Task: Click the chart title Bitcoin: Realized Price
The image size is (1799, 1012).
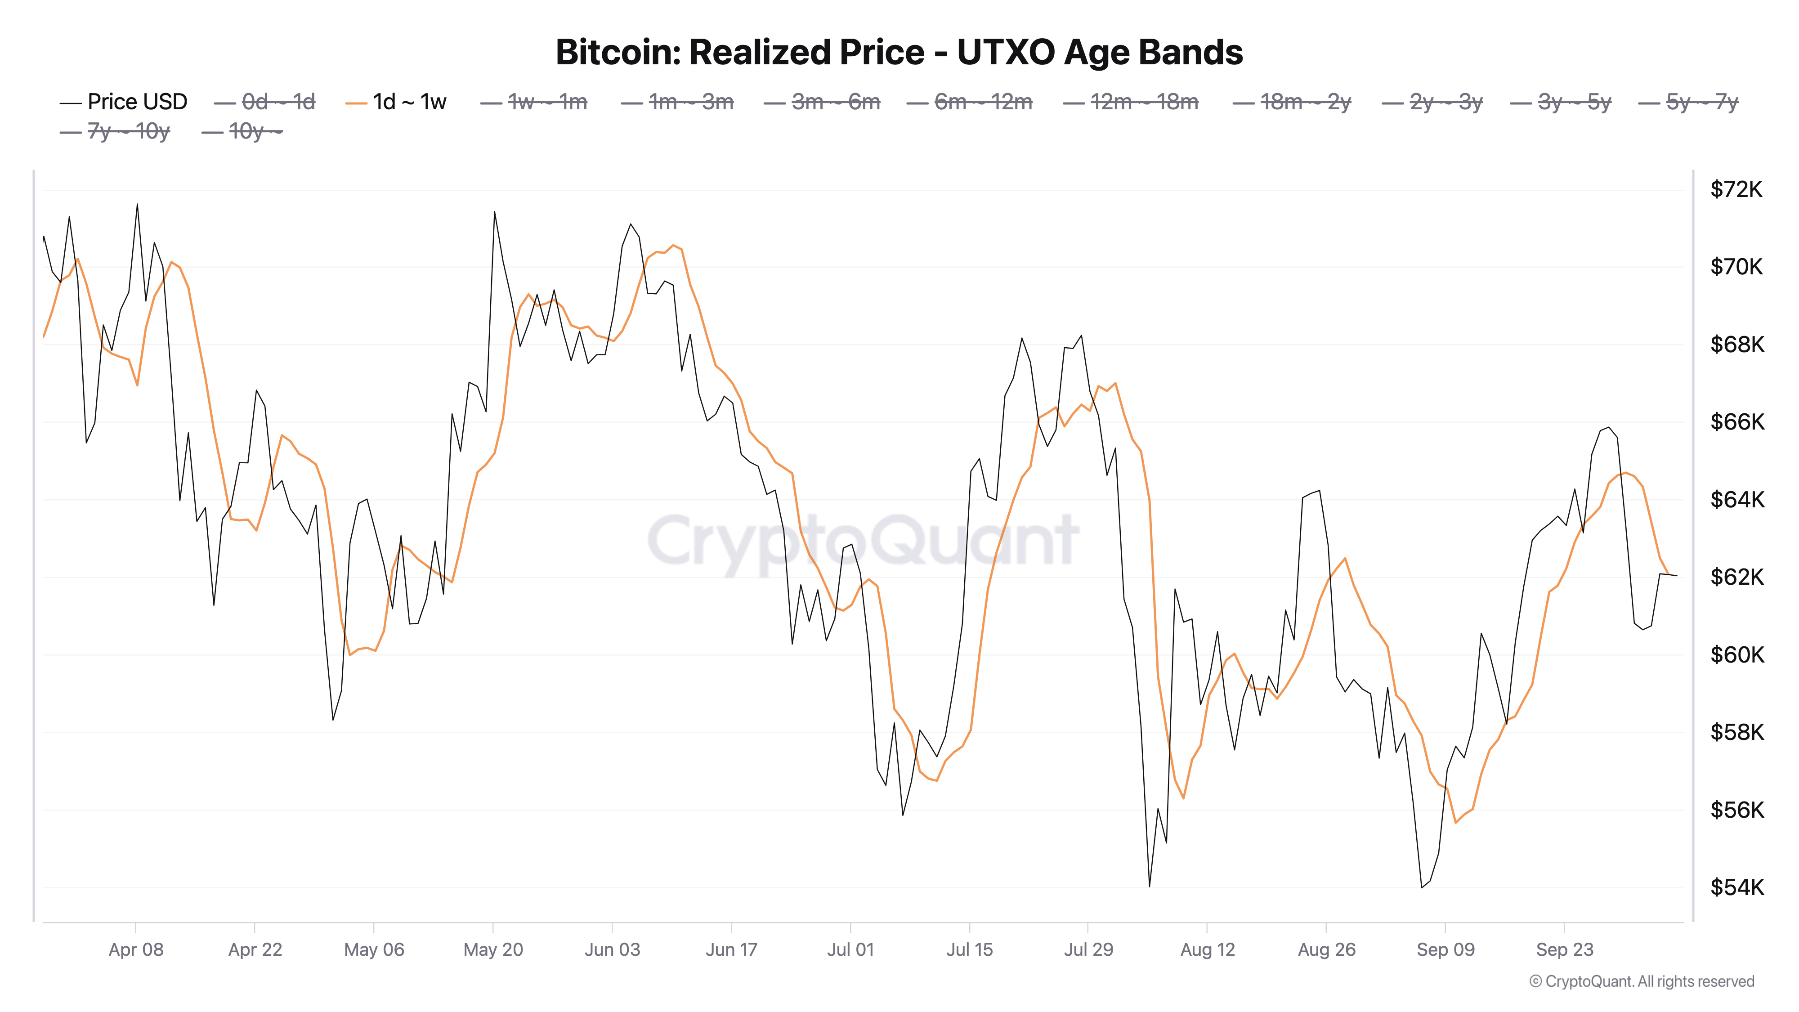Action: click(899, 52)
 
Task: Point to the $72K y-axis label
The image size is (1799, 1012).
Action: click(1736, 189)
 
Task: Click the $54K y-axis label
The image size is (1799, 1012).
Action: click(1736, 887)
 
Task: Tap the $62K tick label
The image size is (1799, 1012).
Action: click(1736, 577)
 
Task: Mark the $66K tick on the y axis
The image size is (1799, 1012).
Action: click(1736, 422)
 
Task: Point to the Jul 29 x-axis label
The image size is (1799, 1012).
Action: click(1088, 949)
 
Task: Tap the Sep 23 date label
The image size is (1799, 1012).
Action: click(1564, 949)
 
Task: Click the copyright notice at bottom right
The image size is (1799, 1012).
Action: click(1641, 981)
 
